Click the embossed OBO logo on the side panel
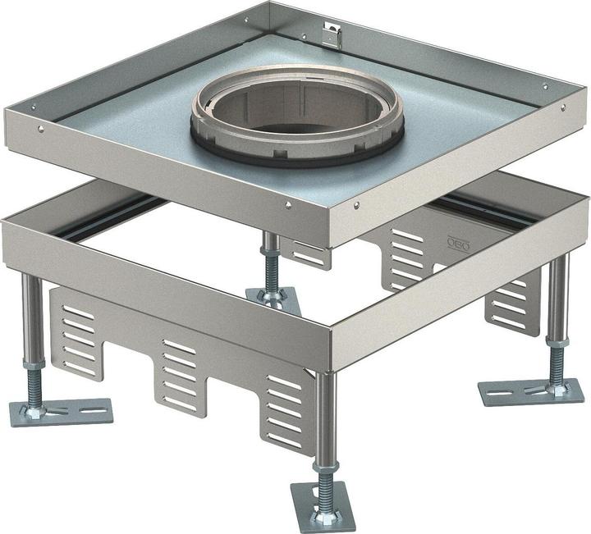[x=454, y=244]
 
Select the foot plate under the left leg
[x=61, y=411]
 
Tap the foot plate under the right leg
[x=531, y=391]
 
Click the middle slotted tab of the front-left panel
[x=177, y=373]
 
